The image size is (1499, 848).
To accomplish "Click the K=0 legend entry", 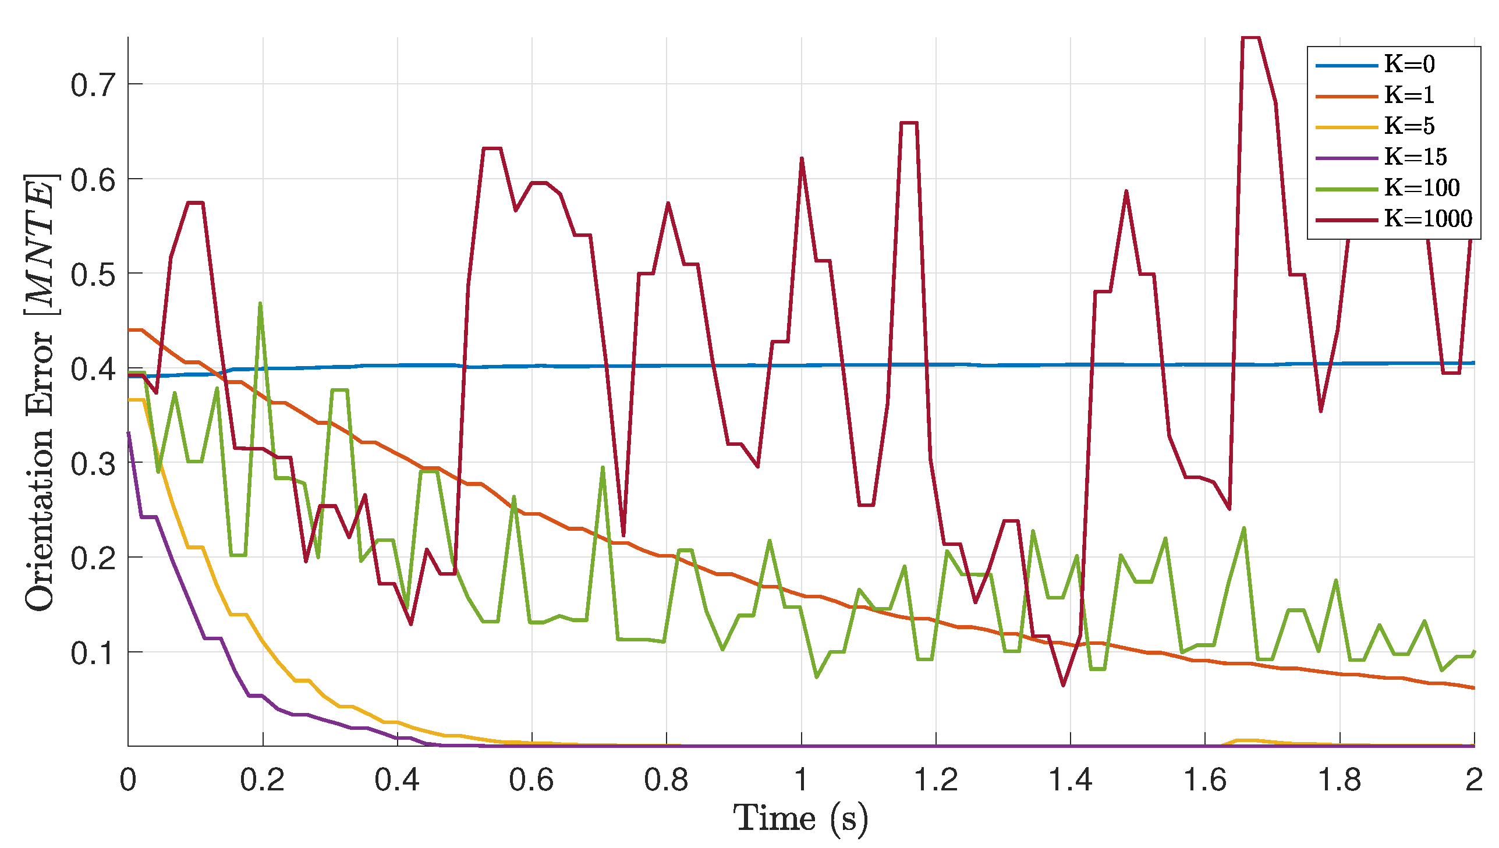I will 1409,64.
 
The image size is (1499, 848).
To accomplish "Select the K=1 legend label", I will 1409,95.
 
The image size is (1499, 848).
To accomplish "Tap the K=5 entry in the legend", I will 1409,126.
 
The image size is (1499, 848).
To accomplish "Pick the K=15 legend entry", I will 1415,157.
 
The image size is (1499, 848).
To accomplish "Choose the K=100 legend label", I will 1421,187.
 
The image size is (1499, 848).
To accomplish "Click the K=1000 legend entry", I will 1427,218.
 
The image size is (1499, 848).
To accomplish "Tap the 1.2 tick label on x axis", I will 935,779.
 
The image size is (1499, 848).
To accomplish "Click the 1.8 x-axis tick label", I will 1339,779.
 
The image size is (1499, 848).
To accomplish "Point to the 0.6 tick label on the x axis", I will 531,779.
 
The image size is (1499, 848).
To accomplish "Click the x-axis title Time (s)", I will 801,818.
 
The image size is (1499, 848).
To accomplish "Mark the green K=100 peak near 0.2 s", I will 260,303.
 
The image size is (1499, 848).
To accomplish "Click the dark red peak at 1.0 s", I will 802,158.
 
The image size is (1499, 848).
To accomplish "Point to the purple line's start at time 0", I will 129,433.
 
